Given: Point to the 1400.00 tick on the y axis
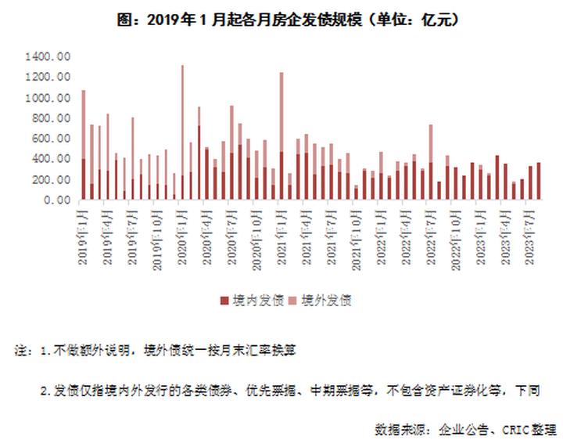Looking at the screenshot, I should click(48, 57).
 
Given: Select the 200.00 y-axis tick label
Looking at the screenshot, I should click(51, 179).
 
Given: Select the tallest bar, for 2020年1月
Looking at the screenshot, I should click(182, 133).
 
